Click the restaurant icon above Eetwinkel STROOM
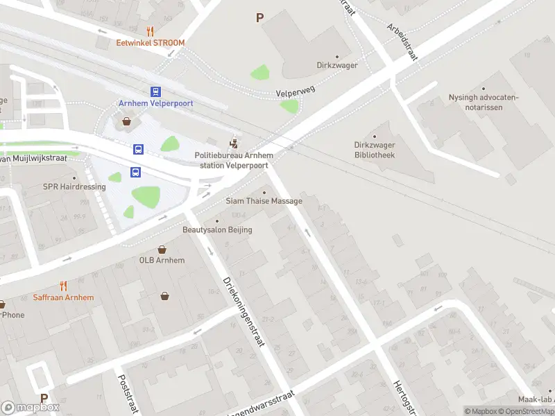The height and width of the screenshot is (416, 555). [x=150, y=31]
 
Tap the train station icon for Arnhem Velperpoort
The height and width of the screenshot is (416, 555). [x=155, y=92]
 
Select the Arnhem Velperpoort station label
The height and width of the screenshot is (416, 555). [x=155, y=103]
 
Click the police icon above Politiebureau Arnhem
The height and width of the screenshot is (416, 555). [x=236, y=144]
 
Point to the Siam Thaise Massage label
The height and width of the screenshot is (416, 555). [x=264, y=201]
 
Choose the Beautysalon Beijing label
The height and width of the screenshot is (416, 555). [x=217, y=229]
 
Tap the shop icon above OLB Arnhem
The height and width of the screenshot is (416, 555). [x=162, y=250]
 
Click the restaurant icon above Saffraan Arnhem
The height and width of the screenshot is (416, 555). [x=63, y=286]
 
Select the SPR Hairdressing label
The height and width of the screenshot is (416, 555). [x=74, y=187]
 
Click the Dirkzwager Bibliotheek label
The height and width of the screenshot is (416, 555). [x=374, y=150]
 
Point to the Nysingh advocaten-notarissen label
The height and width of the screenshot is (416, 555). [x=483, y=102]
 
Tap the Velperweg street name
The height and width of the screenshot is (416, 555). [x=296, y=92]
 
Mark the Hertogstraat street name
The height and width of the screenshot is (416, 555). [x=405, y=399]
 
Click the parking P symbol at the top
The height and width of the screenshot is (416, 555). [x=260, y=18]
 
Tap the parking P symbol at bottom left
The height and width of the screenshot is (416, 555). [x=44, y=399]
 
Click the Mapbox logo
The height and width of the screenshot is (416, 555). [x=30, y=408]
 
